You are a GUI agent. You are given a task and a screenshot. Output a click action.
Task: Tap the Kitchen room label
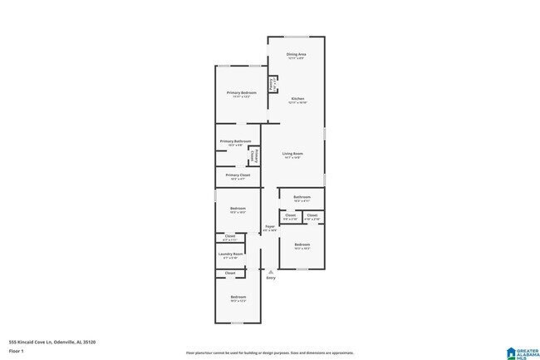click(x=297, y=99)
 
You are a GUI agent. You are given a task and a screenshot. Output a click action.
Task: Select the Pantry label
click(x=272, y=84)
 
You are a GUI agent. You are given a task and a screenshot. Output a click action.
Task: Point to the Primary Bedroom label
click(x=242, y=92)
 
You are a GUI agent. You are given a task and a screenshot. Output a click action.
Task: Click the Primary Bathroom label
click(x=235, y=141)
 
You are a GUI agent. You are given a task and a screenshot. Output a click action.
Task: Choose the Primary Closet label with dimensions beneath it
click(x=238, y=175)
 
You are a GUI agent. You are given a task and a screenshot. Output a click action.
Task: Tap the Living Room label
click(x=292, y=154)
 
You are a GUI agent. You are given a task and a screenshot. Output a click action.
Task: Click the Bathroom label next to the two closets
click(x=302, y=197)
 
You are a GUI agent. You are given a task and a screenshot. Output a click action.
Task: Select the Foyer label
click(x=270, y=226)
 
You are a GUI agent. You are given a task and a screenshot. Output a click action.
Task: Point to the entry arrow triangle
click(x=270, y=269)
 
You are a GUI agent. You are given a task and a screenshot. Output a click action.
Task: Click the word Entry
click(x=270, y=278)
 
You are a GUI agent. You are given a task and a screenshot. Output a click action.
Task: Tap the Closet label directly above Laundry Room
click(x=230, y=236)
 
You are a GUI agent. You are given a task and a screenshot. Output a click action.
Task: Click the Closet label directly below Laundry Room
click(x=230, y=273)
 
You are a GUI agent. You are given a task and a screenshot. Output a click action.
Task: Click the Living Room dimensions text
click(x=292, y=158)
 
